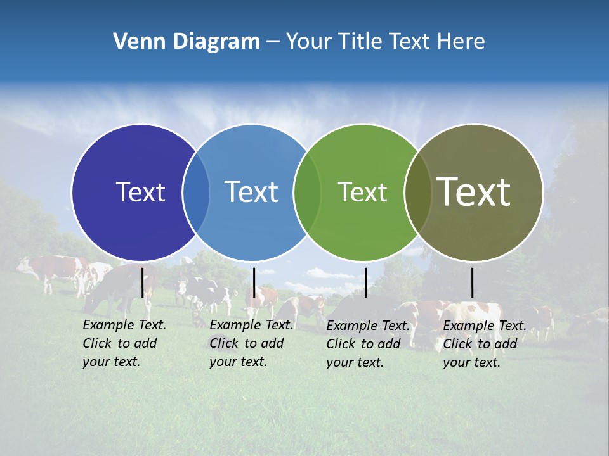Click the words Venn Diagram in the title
[x=187, y=42]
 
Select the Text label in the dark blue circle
[x=140, y=192]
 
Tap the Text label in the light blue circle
[x=251, y=192]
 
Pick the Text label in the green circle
[x=362, y=192]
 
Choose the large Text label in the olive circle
[x=474, y=191]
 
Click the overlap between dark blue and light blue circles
[x=196, y=192]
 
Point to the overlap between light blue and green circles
[x=307, y=192]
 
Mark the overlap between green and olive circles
[x=418, y=192]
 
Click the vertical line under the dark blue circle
[x=142, y=282]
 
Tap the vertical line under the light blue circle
[x=254, y=282]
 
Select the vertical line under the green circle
[x=365, y=282]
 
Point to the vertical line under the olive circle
[x=472, y=282]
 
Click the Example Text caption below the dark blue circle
[x=124, y=343]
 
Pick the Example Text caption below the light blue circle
[x=251, y=343]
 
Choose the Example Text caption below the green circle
[x=367, y=344]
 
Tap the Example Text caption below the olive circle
[x=484, y=344]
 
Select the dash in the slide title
[x=273, y=42]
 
